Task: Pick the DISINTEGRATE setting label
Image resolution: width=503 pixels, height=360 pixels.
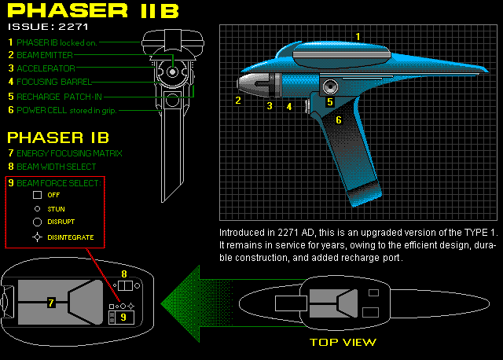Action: point(71,237)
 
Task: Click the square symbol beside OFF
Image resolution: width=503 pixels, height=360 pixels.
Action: point(36,194)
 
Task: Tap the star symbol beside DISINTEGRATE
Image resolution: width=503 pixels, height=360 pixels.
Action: point(36,237)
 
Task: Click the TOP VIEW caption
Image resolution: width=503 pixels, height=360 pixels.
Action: point(343,342)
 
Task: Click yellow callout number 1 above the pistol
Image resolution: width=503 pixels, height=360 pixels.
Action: point(358,36)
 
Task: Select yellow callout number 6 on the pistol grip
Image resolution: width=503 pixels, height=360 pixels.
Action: point(339,120)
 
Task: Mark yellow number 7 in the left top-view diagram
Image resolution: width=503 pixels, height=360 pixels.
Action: point(51,303)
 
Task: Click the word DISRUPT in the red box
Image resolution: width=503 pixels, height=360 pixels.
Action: point(61,222)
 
